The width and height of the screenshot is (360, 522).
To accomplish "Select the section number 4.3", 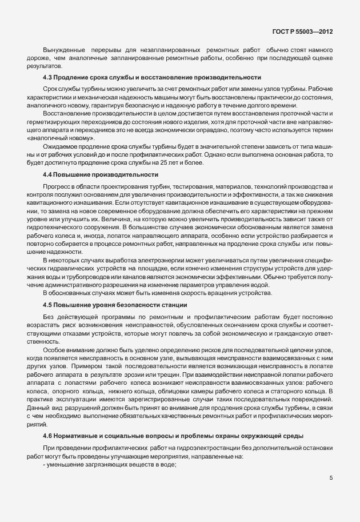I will click(x=49, y=78).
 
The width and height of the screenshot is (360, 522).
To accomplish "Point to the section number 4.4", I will click(x=49, y=174).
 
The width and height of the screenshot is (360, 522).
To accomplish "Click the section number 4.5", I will click(x=49, y=304).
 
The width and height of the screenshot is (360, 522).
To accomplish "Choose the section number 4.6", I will click(x=49, y=436).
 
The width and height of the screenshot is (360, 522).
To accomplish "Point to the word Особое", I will click(x=55, y=349).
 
